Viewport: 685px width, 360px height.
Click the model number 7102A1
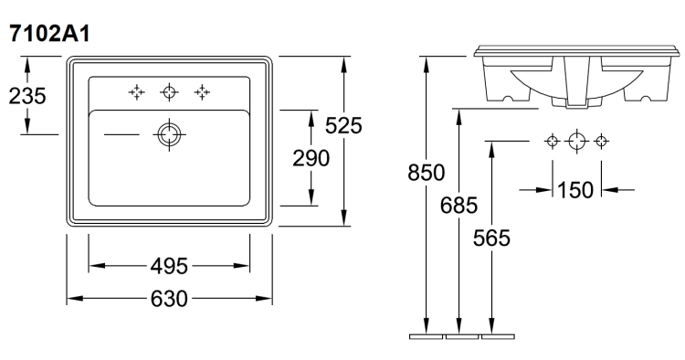point(49,34)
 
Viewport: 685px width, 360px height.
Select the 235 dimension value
point(27,96)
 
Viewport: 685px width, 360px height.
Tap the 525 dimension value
point(343,126)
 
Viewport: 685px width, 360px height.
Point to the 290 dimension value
point(311,158)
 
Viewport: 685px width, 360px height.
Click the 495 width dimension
point(169,266)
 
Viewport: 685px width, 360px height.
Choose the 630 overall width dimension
point(169,299)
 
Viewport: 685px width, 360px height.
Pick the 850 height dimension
point(426,172)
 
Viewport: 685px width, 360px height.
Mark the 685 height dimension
point(458,205)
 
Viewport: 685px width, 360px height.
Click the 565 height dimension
point(491,238)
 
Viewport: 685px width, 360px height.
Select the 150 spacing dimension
point(575,190)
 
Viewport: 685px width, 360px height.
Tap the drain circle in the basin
point(170,134)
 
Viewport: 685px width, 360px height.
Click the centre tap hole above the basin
point(170,92)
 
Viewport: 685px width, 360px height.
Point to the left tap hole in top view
point(136,92)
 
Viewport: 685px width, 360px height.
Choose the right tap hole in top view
point(202,92)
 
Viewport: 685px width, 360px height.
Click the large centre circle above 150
point(576,141)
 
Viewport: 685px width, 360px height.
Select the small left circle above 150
point(553,141)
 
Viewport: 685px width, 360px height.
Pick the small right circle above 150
point(602,141)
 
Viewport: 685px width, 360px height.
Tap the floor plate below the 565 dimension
point(498,336)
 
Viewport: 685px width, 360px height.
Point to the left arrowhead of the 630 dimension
point(75,299)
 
